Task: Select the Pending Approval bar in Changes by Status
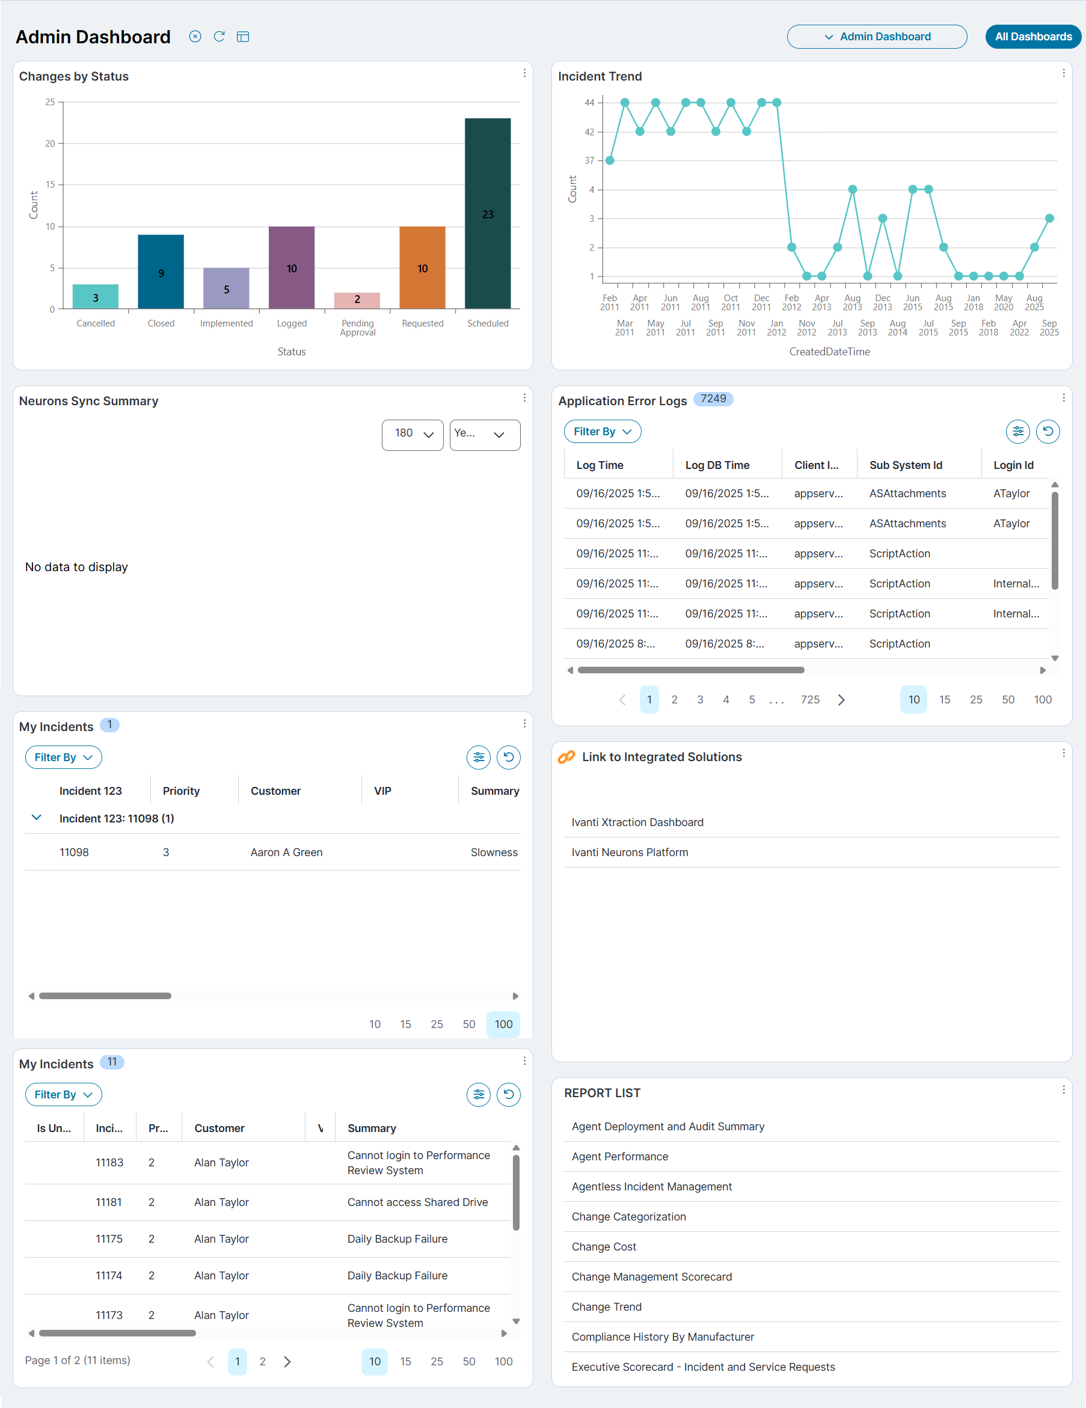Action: pyautogui.click(x=357, y=301)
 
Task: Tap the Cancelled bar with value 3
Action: pyautogui.click(x=96, y=296)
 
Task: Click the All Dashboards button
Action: pyautogui.click(x=1032, y=37)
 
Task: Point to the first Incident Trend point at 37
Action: pyautogui.click(x=609, y=161)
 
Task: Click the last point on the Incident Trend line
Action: pyautogui.click(x=1049, y=219)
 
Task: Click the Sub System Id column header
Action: pyautogui.click(x=906, y=465)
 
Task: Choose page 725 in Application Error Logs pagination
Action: pyautogui.click(x=810, y=699)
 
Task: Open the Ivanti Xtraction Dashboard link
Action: pyautogui.click(x=637, y=822)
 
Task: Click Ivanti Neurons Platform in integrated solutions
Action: pyautogui.click(x=630, y=852)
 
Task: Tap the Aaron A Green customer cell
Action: pyautogui.click(x=286, y=852)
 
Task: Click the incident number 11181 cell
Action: pyautogui.click(x=108, y=1202)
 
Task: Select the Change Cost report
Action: pyautogui.click(x=604, y=1247)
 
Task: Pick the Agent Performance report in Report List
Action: pyautogui.click(x=620, y=1157)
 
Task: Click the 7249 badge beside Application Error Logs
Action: pyautogui.click(x=713, y=399)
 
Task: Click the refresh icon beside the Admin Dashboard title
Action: pyautogui.click(x=219, y=37)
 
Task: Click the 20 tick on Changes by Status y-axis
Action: pyautogui.click(x=51, y=144)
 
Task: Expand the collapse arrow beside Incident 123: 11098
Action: pyautogui.click(x=37, y=818)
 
